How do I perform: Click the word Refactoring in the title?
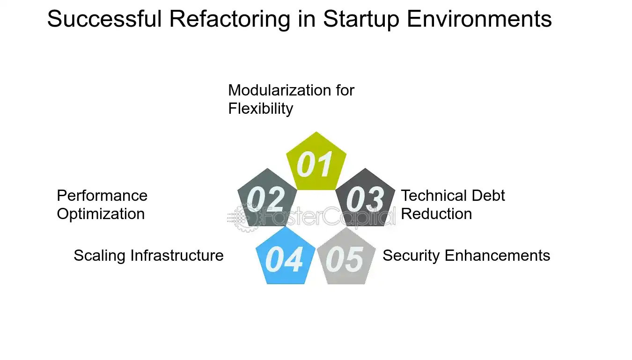[230, 19]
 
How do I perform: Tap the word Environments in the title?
[479, 19]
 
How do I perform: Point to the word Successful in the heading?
[104, 19]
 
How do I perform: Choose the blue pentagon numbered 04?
[286, 256]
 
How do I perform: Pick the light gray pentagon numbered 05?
[346, 256]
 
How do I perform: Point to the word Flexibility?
[261, 109]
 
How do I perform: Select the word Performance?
[102, 196]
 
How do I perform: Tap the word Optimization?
[101, 214]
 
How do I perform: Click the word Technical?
[434, 196]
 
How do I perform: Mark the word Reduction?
[436, 214]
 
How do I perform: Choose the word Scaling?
[100, 256]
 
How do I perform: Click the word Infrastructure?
[177, 255]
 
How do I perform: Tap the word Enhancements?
[498, 255]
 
